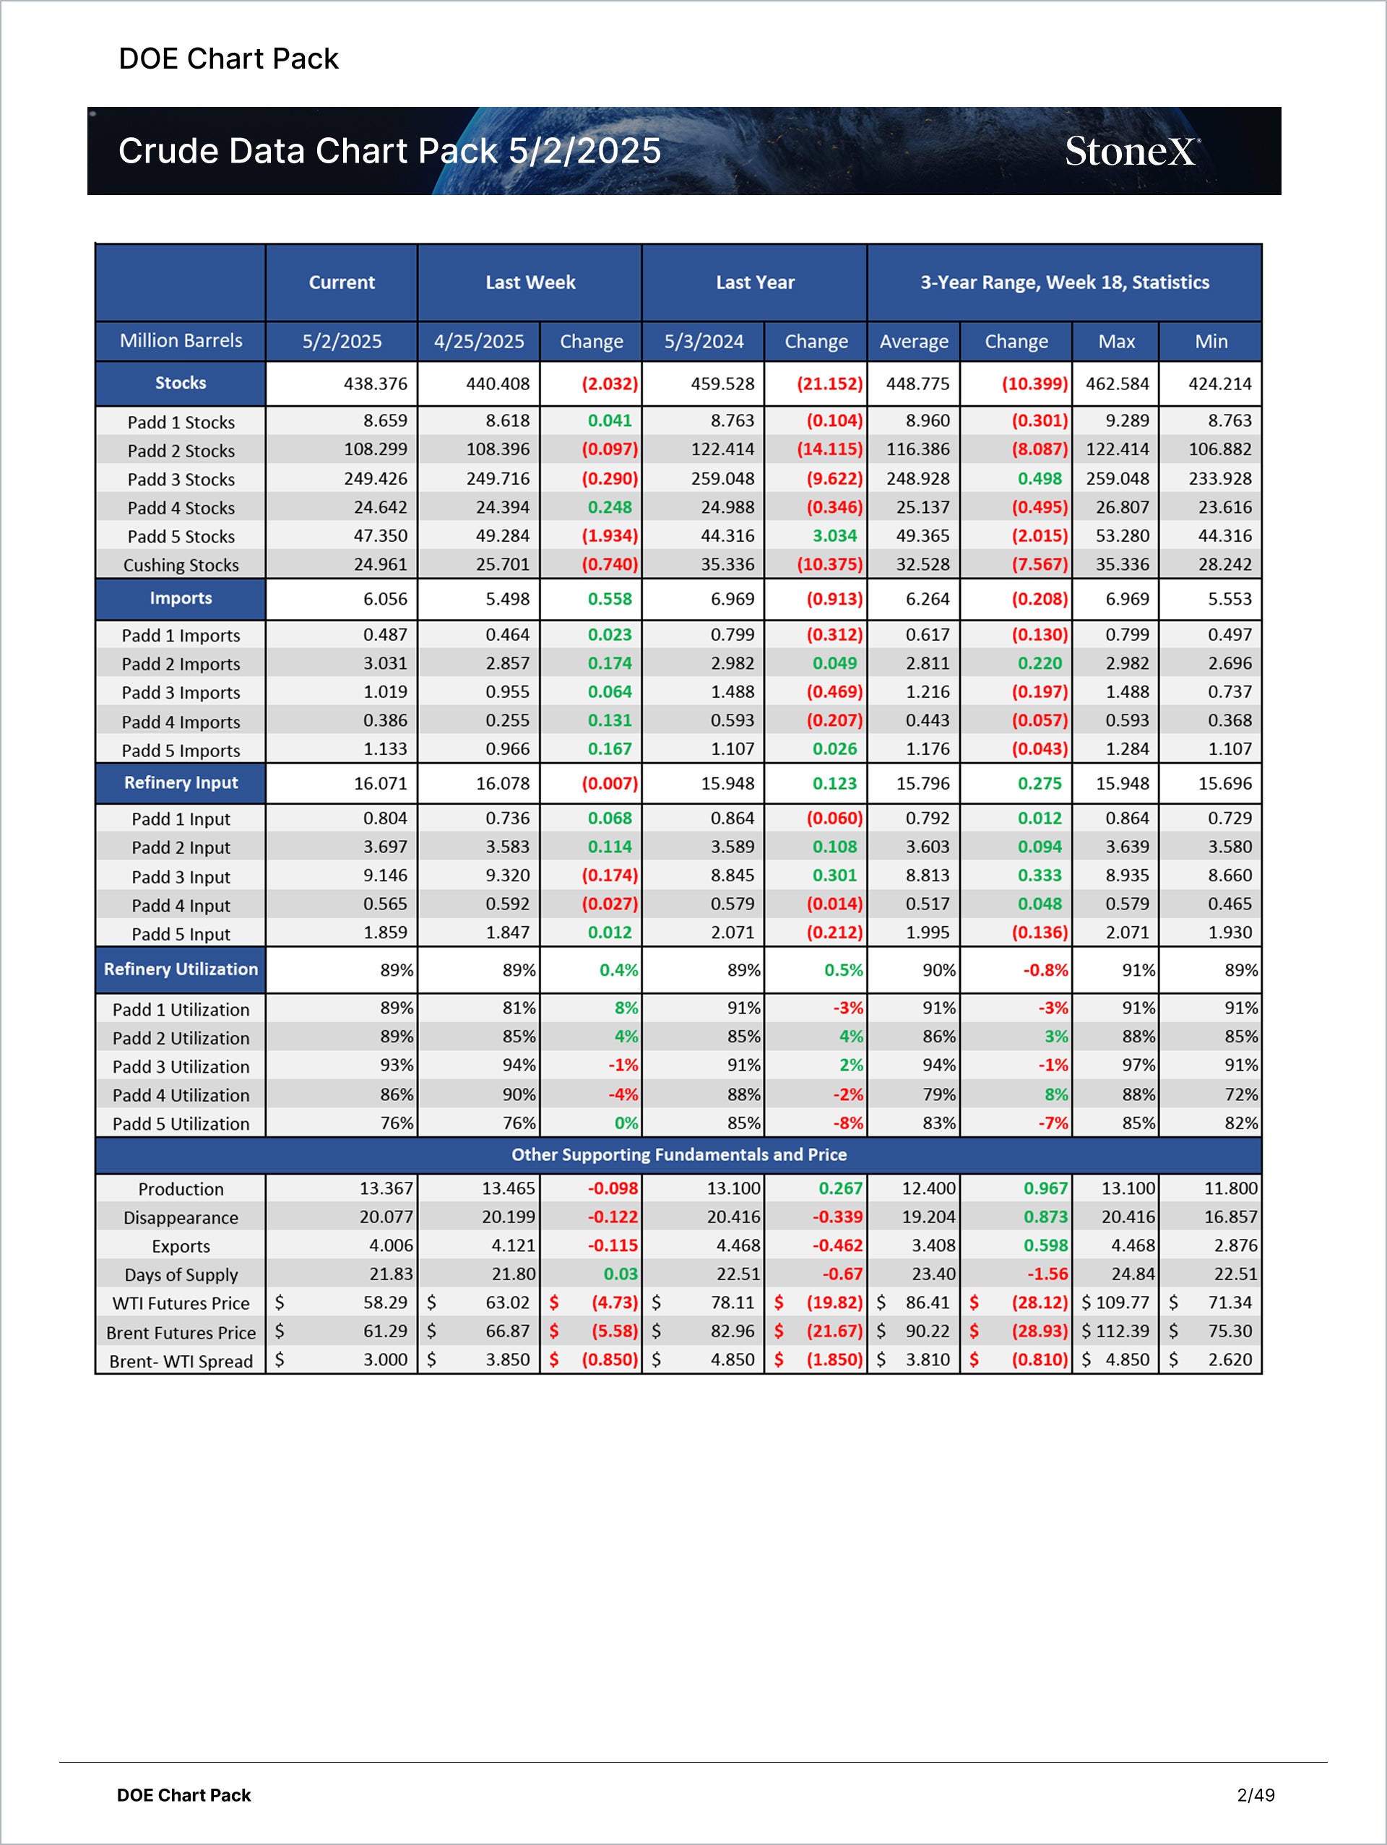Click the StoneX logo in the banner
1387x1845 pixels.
click(x=1131, y=152)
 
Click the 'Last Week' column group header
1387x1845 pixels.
click(x=530, y=282)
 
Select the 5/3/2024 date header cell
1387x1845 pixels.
click(x=703, y=341)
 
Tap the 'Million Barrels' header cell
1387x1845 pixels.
click(x=181, y=340)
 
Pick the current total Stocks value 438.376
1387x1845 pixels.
click(x=376, y=384)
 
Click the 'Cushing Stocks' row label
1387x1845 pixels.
click(x=181, y=565)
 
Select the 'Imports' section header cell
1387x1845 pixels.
click(x=181, y=598)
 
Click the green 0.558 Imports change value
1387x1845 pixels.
click(x=610, y=599)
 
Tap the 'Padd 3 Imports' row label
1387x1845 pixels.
click(x=181, y=692)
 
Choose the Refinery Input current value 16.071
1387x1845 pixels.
click(x=380, y=783)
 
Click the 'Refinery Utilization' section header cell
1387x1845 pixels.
click(x=181, y=969)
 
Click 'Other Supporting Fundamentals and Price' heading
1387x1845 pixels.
click(x=679, y=1154)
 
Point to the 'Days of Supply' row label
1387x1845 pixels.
click(x=181, y=1274)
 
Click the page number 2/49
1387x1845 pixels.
click(x=1256, y=1795)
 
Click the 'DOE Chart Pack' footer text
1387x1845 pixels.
click(x=183, y=1795)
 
